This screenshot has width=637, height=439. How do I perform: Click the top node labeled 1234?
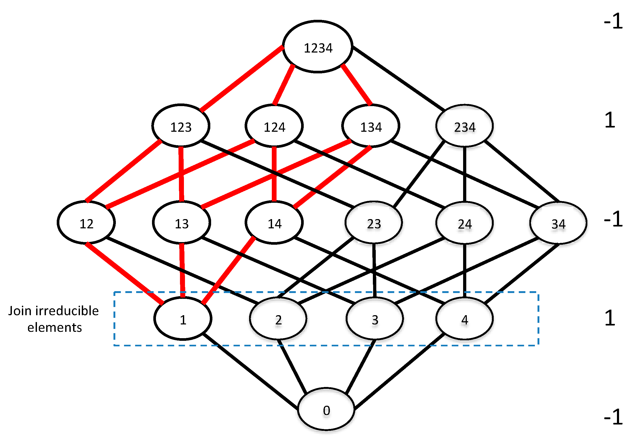click(x=317, y=47)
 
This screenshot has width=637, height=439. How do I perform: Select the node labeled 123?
click(x=181, y=126)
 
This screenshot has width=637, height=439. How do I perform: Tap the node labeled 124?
click(x=274, y=126)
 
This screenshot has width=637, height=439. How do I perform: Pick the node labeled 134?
click(x=370, y=126)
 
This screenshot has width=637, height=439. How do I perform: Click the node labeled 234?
click(x=464, y=126)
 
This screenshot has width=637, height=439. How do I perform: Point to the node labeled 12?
click(x=86, y=223)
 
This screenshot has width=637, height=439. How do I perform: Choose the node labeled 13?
click(x=182, y=223)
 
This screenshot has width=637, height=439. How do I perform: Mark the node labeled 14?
click(x=274, y=223)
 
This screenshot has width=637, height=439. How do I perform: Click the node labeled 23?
click(x=374, y=223)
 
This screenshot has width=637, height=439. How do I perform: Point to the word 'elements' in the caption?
click(x=54, y=327)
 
